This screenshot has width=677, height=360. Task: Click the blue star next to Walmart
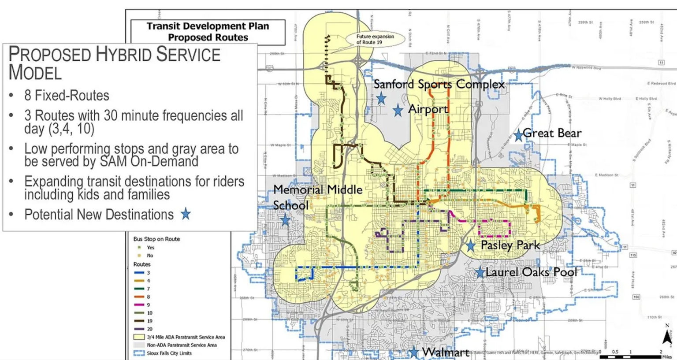413,352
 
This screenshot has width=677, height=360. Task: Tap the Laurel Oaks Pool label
531,272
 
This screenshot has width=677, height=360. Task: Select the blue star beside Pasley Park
471,245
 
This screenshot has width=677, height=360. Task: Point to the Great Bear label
552,133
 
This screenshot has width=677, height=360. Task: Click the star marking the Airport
398,110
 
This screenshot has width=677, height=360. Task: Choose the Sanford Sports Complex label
439,84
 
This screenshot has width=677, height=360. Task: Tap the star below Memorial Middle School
285,219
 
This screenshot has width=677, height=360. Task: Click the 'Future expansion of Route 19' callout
375,39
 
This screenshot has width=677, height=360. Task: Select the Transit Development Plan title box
208,32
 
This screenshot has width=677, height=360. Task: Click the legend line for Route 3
139,273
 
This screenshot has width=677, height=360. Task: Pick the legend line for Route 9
139,305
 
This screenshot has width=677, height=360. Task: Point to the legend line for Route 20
139,329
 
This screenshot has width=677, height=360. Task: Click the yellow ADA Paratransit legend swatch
139,337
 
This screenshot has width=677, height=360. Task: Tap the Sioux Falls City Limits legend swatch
139,353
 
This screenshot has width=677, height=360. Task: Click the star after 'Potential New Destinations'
186,214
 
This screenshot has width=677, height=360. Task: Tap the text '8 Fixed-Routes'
67,96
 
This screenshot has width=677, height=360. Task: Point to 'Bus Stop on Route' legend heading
156,239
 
